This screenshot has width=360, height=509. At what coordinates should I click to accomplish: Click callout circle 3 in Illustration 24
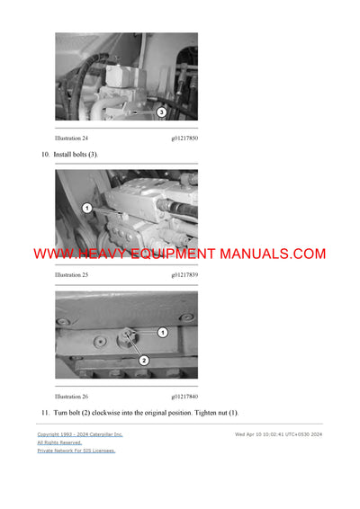[x=161, y=112]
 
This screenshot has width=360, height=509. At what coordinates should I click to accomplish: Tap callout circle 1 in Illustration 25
[x=87, y=208]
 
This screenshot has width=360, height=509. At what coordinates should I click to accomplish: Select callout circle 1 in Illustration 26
[x=162, y=332]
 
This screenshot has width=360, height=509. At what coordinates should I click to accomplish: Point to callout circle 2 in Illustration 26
[x=142, y=360]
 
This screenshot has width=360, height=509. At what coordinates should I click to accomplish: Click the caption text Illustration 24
[x=72, y=138]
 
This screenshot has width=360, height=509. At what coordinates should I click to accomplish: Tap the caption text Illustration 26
[x=72, y=396]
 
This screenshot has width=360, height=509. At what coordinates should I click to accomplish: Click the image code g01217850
[x=184, y=138]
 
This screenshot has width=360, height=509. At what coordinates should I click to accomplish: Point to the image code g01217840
[x=184, y=396]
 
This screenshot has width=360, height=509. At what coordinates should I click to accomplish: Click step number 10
[x=45, y=155]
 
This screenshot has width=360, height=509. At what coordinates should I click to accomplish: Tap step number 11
[x=45, y=412]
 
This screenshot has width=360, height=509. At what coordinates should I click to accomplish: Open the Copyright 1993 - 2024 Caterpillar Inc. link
[x=80, y=434]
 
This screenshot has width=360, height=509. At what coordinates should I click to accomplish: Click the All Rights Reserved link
[x=59, y=442]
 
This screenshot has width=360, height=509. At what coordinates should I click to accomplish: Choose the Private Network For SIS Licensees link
[x=76, y=451]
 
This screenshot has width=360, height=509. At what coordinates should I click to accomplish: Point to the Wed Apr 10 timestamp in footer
[x=278, y=434]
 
